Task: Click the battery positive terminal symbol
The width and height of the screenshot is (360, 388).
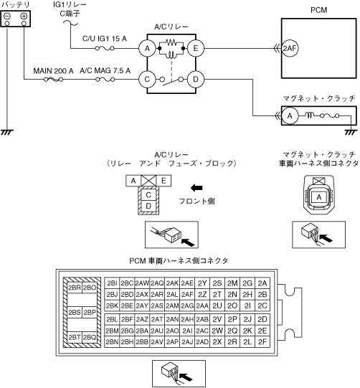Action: click(x=24, y=16)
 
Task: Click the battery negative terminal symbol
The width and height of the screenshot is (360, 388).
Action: click(x=7, y=16)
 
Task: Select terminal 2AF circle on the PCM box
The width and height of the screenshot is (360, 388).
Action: click(x=290, y=48)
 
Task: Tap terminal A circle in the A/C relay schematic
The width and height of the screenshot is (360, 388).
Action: click(x=147, y=48)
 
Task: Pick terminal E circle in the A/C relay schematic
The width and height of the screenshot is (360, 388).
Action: click(x=196, y=48)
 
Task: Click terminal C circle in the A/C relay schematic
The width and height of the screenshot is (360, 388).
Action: click(x=147, y=80)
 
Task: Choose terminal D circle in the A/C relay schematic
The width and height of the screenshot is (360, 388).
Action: click(x=196, y=80)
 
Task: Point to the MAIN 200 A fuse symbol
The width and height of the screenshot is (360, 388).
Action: click(x=54, y=80)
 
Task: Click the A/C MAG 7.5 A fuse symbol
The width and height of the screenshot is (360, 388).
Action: click(x=105, y=80)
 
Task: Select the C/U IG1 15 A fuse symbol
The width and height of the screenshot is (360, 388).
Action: click(x=105, y=48)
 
